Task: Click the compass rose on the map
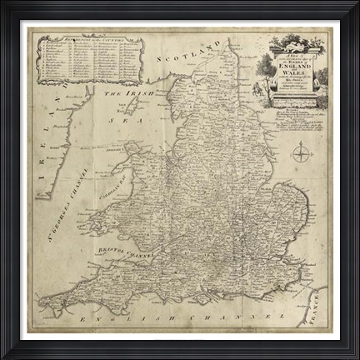[302, 152]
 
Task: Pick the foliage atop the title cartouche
[296, 41]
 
